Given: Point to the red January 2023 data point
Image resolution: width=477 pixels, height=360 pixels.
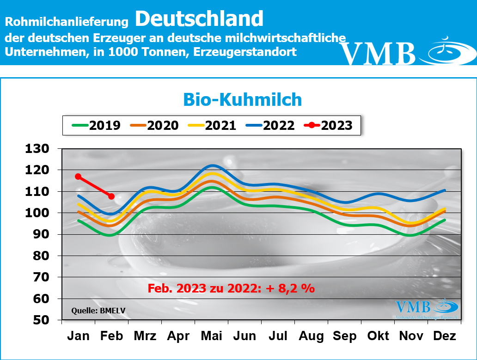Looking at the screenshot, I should [x=78, y=177].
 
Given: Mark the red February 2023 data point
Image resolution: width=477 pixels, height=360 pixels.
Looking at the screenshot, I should [x=111, y=196].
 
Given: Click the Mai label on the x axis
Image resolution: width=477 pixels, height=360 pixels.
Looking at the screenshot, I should [x=211, y=336].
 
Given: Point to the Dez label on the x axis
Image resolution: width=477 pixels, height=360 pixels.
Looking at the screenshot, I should [x=444, y=336].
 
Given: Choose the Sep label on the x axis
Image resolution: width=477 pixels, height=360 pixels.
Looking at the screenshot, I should [x=344, y=336].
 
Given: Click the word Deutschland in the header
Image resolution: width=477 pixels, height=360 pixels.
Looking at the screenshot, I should [x=199, y=18].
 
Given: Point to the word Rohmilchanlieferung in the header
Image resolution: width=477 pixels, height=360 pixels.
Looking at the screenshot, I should [x=66, y=22].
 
